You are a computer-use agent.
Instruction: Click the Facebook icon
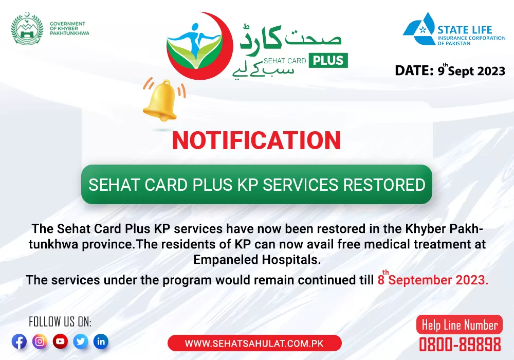tap(20, 341)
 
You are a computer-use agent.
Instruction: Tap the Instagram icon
tap(40, 341)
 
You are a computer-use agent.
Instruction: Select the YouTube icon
tap(60, 341)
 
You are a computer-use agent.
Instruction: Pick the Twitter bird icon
tap(81, 341)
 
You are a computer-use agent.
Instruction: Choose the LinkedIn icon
tap(101, 341)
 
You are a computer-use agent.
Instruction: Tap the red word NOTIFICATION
tap(256, 140)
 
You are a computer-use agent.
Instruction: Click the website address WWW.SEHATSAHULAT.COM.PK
tap(254, 343)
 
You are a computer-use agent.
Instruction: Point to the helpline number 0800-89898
tap(460, 345)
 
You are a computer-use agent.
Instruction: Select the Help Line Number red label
tap(459, 325)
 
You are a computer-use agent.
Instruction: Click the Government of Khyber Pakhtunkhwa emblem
tap(27, 29)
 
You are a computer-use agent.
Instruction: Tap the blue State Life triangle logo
tap(419, 29)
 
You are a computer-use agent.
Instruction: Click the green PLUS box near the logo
tap(328, 60)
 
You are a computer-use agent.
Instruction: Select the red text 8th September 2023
tap(433, 279)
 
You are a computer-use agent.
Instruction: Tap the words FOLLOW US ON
tap(60, 321)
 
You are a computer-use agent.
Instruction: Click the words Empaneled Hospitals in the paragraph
tap(256, 260)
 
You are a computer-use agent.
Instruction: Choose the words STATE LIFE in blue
tap(465, 30)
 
